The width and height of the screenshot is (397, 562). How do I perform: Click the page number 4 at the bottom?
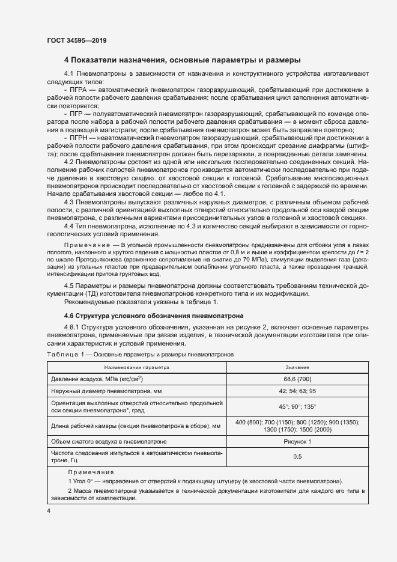click(49, 510)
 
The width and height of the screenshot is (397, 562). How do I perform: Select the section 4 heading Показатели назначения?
click(183, 60)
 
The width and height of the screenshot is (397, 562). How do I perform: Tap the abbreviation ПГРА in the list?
click(80, 88)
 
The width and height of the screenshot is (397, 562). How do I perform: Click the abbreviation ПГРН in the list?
click(80, 138)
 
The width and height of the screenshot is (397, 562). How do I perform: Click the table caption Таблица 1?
click(65, 355)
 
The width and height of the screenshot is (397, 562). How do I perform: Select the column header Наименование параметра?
click(137, 366)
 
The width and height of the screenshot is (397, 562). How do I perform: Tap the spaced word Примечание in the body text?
click(90, 246)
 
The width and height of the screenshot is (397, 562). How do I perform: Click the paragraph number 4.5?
click(69, 285)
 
